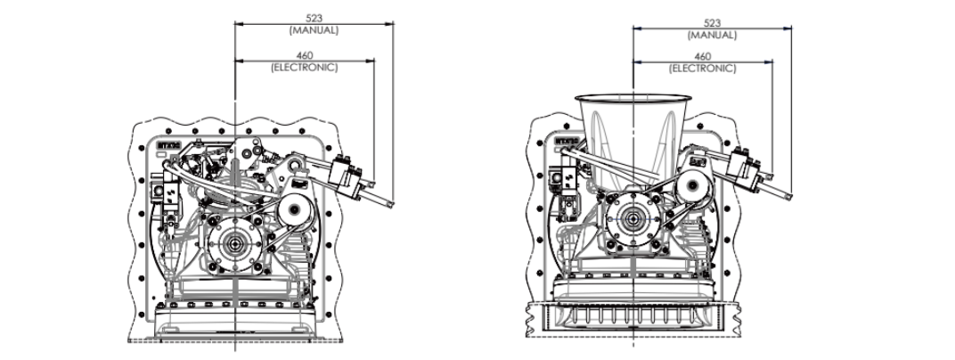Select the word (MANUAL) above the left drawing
click(x=314, y=30)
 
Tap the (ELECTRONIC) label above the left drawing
click(x=305, y=68)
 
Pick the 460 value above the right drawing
click(x=703, y=58)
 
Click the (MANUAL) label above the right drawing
click(x=712, y=35)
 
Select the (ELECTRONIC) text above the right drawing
click(x=703, y=68)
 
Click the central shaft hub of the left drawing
click(x=236, y=241)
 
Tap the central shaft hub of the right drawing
click(x=633, y=217)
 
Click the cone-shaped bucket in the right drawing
click(x=633, y=134)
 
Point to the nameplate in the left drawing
click(x=167, y=143)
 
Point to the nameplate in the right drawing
click(x=566, y=141)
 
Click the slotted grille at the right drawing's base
click(x=633, y=318)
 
